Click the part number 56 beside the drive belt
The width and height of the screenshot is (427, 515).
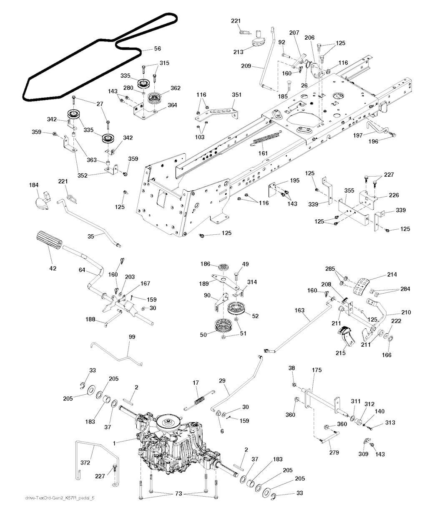(x=157, y=48)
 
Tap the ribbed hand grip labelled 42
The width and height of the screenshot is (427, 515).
(x=49, y=240)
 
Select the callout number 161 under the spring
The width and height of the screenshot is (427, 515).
(x=263, y=153)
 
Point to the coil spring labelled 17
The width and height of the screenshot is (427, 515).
(x=200, y=400)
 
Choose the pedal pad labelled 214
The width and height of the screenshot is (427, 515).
(x=362, y=286)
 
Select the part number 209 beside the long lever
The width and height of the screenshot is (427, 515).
(x=246, y=66)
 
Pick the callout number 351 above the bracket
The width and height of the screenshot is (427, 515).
(x=237, y=95)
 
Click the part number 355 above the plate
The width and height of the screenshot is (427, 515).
(x=349, y=190)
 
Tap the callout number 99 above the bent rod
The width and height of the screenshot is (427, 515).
(x=132, y=337)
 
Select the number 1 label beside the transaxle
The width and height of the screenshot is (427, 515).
(x=114, y=444)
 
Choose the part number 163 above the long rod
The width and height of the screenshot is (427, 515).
(x=299, y=310)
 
